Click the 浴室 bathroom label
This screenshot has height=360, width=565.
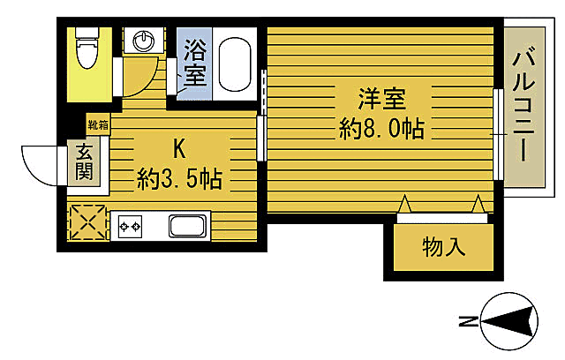pos(194,62)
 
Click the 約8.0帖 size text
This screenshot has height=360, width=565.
pos(381,130)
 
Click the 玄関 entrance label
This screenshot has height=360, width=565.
pos(85,162)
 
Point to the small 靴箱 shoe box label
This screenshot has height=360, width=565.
pos(97,125)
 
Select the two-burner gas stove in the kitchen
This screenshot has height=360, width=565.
pos(131,227)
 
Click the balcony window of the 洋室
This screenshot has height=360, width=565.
pos(498,132)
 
